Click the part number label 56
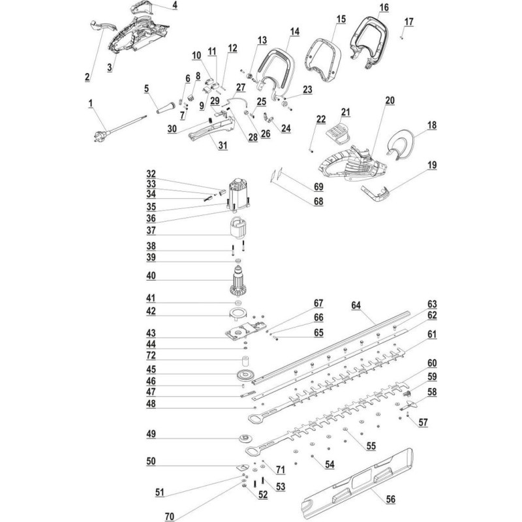pos(391,499)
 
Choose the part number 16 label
pos(383,7)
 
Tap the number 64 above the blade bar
pos(356,304)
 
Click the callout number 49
pos(151,434)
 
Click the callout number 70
pos(170,517)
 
